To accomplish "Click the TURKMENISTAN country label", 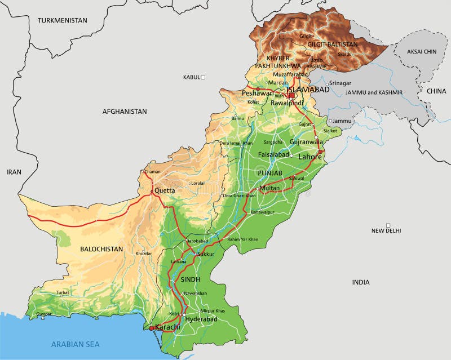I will click(63, 20).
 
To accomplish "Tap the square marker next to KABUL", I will click(204, 77).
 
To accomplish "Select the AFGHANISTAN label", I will click(124, 112).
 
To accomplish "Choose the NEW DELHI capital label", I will click(386, 230).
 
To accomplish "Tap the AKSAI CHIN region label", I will click(422, 51).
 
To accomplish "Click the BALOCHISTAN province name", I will click(101, 248).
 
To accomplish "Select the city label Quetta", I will click(165, 190).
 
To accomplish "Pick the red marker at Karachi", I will click(152, 328).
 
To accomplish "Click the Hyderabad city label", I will click(201, 319).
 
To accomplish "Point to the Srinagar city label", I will click(340, 83).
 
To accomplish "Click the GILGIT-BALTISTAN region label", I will click(332, 44).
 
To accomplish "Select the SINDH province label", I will click(191, 279).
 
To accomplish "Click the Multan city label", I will click(270, 188).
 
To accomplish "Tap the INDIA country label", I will click(361, 282).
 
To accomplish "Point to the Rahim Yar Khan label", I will click(242, 239).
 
